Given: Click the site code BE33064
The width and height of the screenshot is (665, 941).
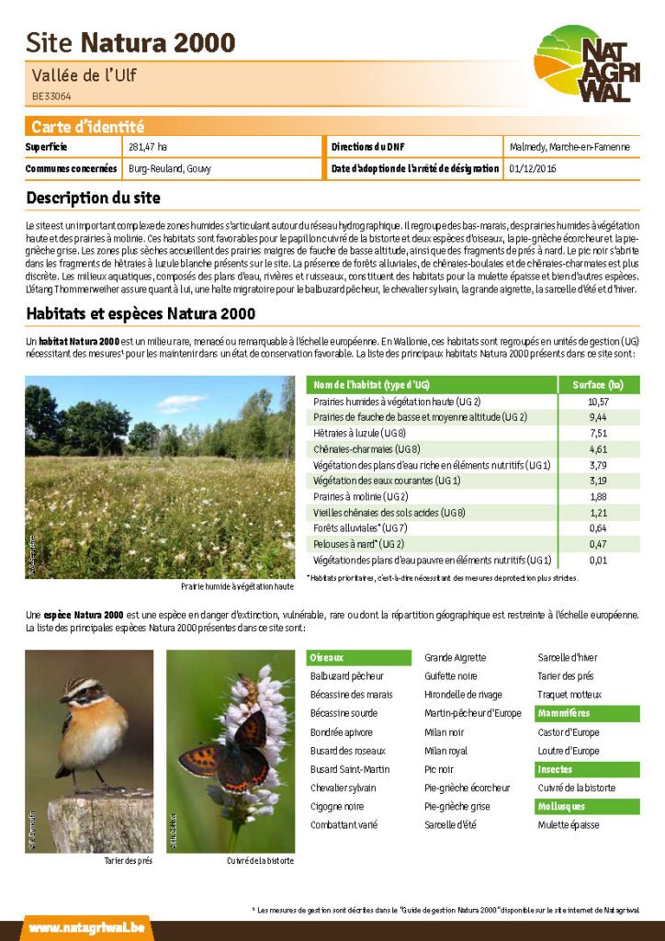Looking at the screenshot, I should (51, 96).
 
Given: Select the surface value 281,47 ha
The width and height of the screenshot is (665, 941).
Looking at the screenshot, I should (148, 147).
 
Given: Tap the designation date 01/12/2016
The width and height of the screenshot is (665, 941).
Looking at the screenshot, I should (532, 169).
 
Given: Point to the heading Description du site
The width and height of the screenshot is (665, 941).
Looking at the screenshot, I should (94, 198).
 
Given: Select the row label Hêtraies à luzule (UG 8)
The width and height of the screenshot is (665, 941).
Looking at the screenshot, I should (359, 434).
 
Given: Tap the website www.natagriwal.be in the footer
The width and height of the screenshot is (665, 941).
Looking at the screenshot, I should (85, 928).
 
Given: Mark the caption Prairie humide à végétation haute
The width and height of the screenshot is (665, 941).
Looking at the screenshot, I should (237, 586).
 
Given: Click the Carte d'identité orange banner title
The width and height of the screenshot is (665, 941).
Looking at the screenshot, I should (87, 128).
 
